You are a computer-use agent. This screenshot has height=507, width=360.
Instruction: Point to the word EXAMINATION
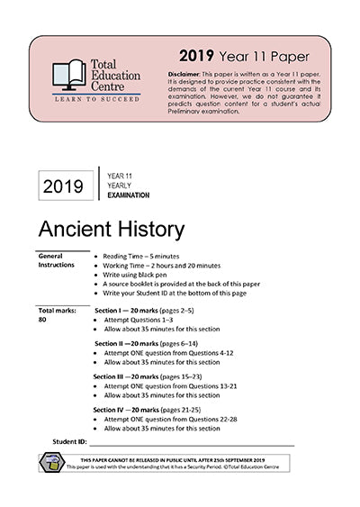tap(127, 195)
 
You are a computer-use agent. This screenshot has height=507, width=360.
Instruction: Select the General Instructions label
tap(56, 260)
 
